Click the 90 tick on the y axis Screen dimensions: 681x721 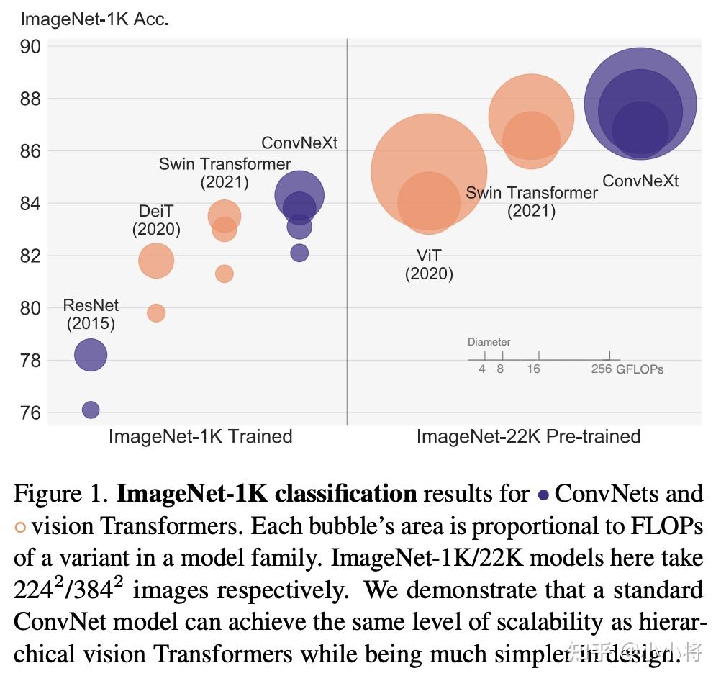(30, 47)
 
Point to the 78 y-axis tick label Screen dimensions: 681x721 (30, 360)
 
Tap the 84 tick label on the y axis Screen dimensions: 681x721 (30, 204)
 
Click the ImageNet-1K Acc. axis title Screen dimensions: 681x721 (94, 19)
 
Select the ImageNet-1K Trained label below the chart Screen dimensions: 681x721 (200, 436)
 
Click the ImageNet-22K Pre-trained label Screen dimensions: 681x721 (528, 436)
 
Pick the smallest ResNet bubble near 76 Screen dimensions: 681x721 (91, 410)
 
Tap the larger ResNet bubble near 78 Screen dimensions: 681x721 (91, 354)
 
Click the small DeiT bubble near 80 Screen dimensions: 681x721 (156, 312)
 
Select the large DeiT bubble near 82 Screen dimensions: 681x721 (156, 261)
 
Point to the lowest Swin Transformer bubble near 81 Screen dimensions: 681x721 (225, 274)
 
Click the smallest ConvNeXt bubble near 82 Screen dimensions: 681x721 (299, 253)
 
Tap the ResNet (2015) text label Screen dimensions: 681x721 (91, 315)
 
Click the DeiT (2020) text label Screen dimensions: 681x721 (156, 220)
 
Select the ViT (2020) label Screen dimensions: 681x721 (429, 265)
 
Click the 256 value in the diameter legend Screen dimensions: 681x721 (602, 369)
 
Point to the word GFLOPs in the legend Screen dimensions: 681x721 (640, 369)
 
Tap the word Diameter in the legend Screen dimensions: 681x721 (489, 342)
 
